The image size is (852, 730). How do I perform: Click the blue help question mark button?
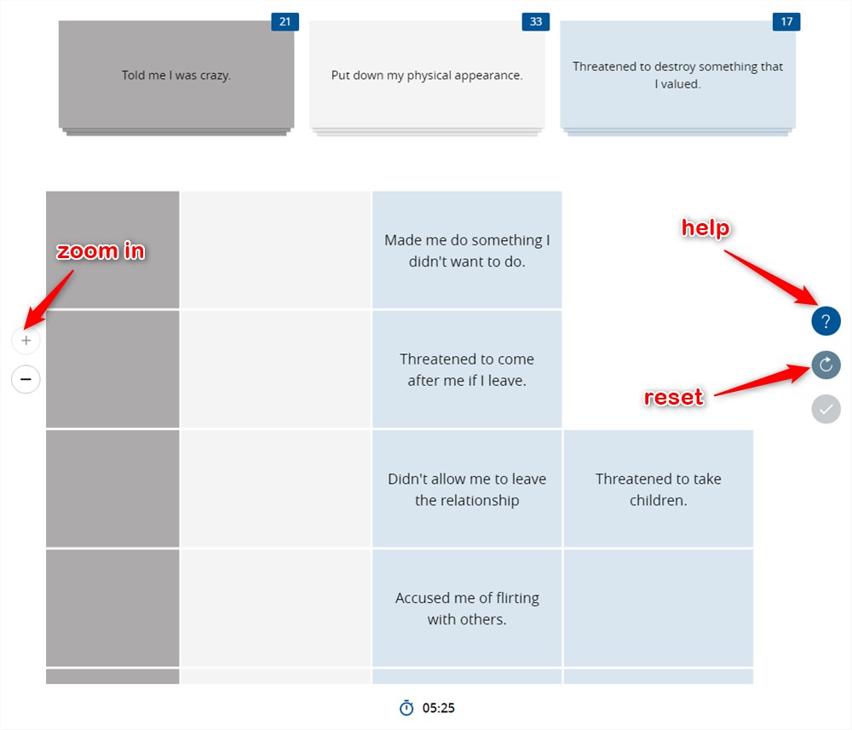pos(826,321)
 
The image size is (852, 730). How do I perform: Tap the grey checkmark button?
pos(826,409)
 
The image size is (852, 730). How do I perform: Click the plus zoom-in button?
pos(26,341)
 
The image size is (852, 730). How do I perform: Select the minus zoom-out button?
pos(26,378)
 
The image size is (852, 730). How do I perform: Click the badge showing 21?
pos(285,22)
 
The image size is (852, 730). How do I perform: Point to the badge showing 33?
pos(536,22)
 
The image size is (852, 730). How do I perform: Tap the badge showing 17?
pos(786,22)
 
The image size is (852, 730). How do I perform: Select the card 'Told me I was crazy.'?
pos(176,75)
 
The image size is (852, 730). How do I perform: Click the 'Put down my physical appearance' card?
pos(427,75)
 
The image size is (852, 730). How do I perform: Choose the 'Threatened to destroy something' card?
pos(677,75)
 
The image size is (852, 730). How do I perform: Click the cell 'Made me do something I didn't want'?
pos(467,250)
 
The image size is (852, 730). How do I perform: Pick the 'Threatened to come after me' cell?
pos(467,370)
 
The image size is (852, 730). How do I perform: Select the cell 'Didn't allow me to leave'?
pos(467,489)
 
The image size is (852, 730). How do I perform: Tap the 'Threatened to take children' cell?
pos(658,489)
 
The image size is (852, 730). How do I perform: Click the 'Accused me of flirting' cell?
pos(467,608)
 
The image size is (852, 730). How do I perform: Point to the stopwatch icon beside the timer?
pos(406,708)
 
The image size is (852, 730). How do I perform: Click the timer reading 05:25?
pos(439,708)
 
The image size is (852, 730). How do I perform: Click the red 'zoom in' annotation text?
pos(101,251)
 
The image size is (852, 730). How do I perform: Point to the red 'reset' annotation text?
pos(674,397)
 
